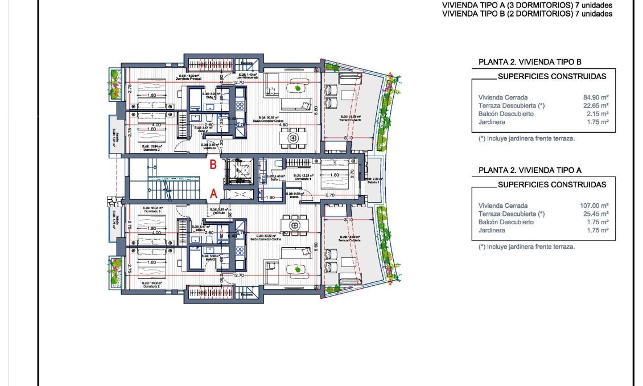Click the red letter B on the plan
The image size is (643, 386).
(213, 166)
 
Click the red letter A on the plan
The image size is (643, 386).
(213, 194)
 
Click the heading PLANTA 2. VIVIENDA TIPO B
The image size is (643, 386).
(529, 62)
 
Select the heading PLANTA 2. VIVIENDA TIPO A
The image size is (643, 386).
(529, 170)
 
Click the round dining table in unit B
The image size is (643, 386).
(294, 137)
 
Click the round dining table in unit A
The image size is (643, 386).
(294, 226)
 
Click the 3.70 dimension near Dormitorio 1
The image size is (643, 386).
(331, 195)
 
